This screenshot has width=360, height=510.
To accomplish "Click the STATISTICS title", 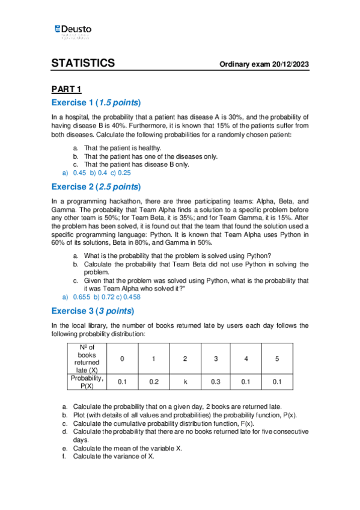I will point(83,64).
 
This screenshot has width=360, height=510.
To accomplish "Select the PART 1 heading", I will point(66,90).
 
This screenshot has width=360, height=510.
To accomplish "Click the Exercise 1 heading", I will point(96,102).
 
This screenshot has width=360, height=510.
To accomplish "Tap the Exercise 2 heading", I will point(96,186).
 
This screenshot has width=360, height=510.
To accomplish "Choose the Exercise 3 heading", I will point(93,311).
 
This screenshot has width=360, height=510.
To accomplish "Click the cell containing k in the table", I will point(185,382).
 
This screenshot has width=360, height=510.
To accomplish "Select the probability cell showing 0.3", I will point(216,382).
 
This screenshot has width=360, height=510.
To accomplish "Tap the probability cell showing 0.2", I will point(154,382).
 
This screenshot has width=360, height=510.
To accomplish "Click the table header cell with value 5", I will point(277,359).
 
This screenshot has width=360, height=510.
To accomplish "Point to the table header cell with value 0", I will point(123,359).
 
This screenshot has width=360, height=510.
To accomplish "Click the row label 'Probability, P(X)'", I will point(87,382).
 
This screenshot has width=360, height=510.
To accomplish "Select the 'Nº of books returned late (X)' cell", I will point(87,358).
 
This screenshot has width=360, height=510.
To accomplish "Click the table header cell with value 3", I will point(216,359).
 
